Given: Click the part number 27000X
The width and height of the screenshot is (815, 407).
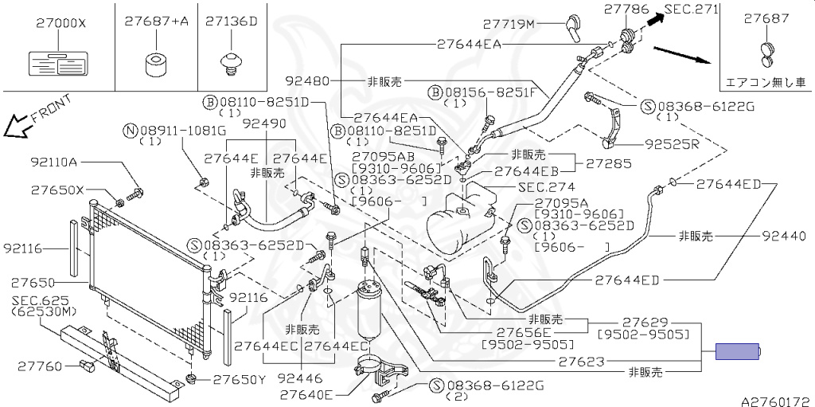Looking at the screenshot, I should pos(60,24).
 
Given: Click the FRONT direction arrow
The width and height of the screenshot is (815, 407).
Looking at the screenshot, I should pos(15,125).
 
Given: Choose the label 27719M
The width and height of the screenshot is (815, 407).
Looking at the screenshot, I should pos(509,25).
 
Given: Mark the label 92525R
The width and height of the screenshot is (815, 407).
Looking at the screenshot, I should pos(673,145).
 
